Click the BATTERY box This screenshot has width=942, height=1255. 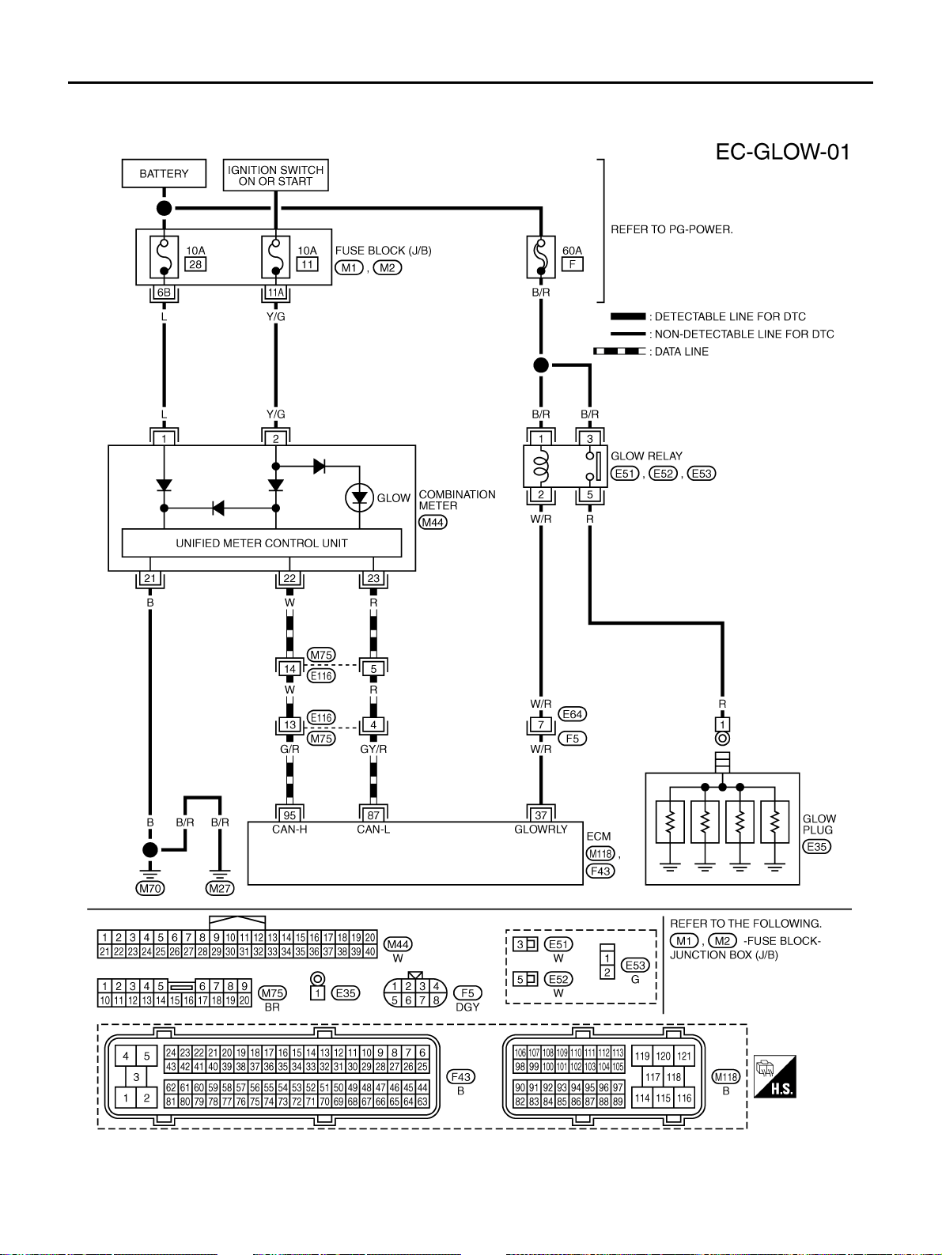coord(164,173)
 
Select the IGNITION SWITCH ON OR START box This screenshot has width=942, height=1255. coord(275,175)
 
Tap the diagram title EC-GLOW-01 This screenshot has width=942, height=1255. coord(782,152)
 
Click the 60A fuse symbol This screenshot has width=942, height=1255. coord(541,257)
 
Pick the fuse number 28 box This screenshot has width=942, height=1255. coord(195,264)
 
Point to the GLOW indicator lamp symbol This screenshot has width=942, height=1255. coord(360,497)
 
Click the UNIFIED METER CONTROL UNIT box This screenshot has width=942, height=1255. coord(262,543)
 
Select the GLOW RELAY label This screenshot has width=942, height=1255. coord(646,456)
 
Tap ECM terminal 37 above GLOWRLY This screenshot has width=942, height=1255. coord(541,815)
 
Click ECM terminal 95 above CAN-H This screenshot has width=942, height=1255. coord(289,815)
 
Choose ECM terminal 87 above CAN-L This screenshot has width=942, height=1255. coord(373,815)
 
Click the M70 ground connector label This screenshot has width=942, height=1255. coord(149,888)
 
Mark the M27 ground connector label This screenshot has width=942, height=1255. coord(220,888)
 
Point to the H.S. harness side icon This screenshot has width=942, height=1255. coord(774,1076)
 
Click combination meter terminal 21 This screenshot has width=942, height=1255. coord(149,578)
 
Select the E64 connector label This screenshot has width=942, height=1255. coord(572,713)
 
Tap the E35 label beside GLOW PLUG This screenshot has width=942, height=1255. coord(816,846)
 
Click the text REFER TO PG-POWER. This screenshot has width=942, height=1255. coord(672,229)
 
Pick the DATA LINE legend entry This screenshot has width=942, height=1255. coord(651,351)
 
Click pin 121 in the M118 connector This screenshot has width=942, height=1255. coord(684,1056)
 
